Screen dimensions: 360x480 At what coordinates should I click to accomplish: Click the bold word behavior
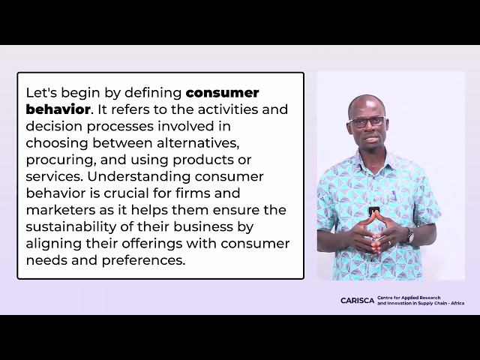point(58,109)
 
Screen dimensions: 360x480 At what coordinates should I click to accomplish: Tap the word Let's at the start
point(41,93)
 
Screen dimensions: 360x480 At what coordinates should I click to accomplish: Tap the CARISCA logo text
point(357,301)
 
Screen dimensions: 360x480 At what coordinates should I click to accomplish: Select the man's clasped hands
point(373,236)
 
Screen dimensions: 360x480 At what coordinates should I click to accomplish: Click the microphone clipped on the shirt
point(373,211)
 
